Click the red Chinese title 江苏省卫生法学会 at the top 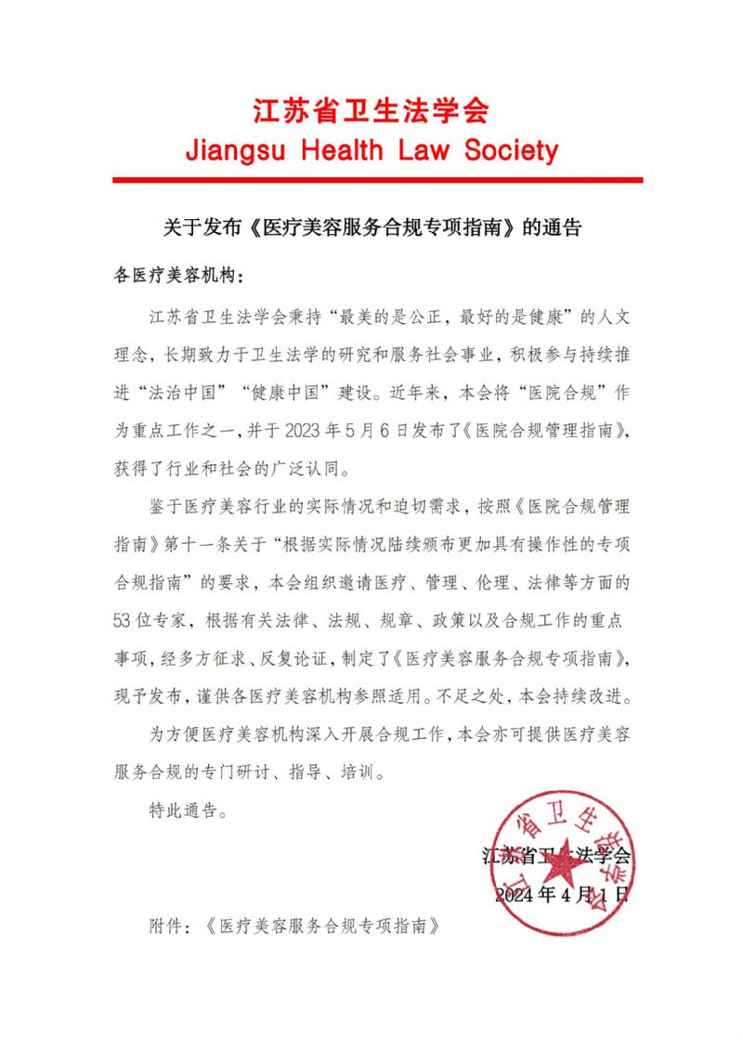point(371,111)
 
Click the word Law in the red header point(424,150)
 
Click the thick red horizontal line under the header point(377,179)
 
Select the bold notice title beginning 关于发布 point(371,227)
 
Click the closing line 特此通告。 point(188,809)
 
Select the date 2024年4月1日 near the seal point(562,895)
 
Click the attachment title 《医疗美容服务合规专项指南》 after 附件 point(320,926)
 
